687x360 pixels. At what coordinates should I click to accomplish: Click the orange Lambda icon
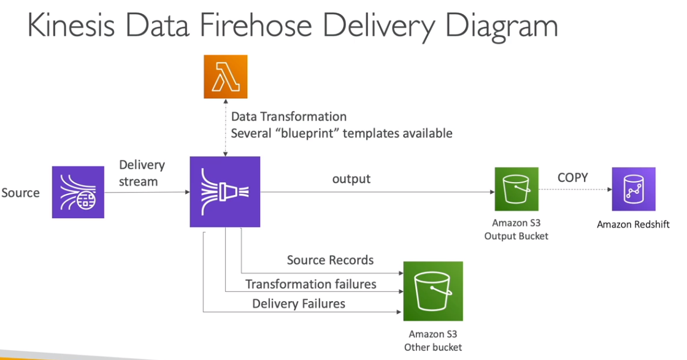pos(225,77)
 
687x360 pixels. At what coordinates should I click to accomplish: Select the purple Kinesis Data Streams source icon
pos(78,193)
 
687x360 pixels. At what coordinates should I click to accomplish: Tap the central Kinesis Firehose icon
pos(225,191)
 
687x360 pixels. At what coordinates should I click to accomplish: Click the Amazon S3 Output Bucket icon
pos(516,190)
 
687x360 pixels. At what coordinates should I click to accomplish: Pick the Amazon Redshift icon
pos(633,190)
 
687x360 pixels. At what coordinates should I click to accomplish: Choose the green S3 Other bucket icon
pos(432,291)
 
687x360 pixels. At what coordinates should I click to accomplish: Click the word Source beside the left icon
pos(20,193)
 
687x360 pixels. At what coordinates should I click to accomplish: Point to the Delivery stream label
pos(142,173)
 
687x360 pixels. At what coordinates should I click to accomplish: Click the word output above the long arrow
pos(351,179)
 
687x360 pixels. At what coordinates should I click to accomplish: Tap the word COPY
pos(572,178)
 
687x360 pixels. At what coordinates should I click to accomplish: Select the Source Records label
pos(330,260)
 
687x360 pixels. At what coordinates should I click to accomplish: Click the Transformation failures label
pos(311,284)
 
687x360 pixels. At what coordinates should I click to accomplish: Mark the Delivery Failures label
pos(299,304)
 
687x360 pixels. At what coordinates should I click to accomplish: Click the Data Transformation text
pos(289,117)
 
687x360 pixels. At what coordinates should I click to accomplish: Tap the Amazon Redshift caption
pos(633,224)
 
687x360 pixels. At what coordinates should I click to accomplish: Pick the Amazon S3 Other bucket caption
pos(432,340)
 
